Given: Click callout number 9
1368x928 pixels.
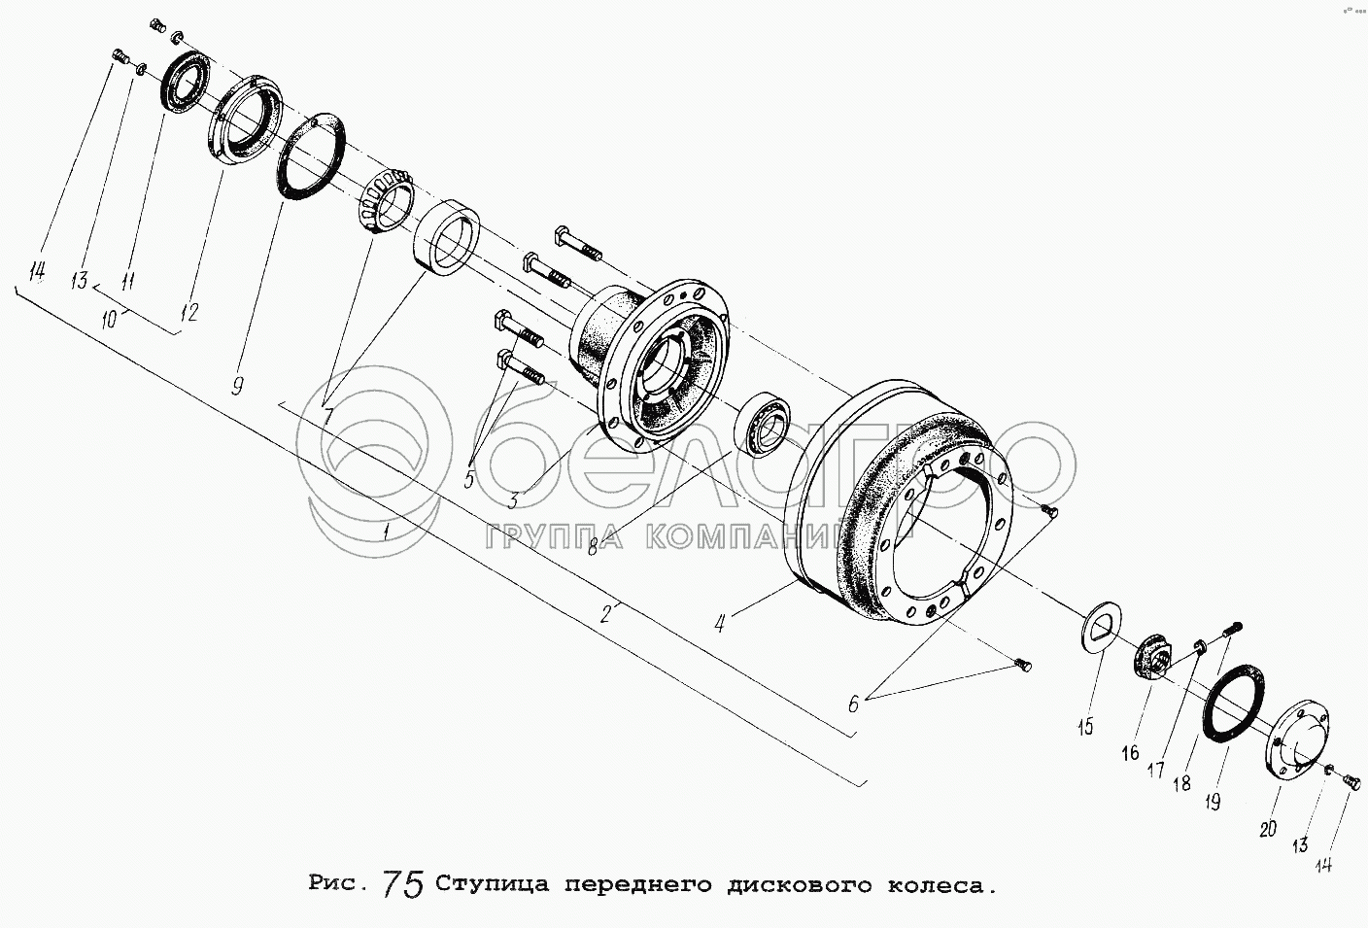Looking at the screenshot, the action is [x=238, y=386].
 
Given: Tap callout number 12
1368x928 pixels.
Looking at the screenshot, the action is [x=189, y=313].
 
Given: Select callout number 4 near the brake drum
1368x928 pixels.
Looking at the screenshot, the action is [x=720, y=623].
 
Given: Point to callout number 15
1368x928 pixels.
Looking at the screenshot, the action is [x=1085, y=727].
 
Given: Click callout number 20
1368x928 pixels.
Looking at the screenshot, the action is [x=1268, y=829].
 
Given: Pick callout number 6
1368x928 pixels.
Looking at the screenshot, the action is [x=853, y=705].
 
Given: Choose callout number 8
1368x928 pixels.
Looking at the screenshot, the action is [x=592, y=548].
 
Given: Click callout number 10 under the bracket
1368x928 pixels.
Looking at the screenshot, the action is [x=110, y=320].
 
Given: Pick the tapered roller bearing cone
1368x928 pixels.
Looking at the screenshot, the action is [x=386, y=202].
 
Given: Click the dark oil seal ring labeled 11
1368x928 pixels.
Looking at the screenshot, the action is [x=185, y=83].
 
